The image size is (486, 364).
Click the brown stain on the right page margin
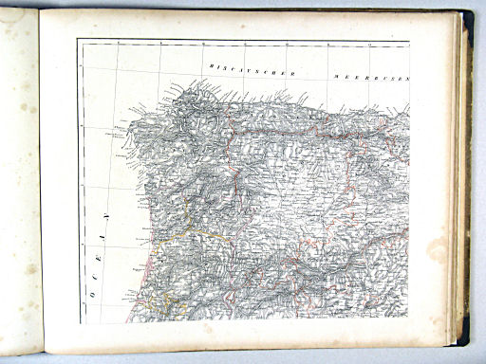[438, 249]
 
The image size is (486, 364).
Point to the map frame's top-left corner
[78, 40]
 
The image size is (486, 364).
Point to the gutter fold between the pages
[40, 180]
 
